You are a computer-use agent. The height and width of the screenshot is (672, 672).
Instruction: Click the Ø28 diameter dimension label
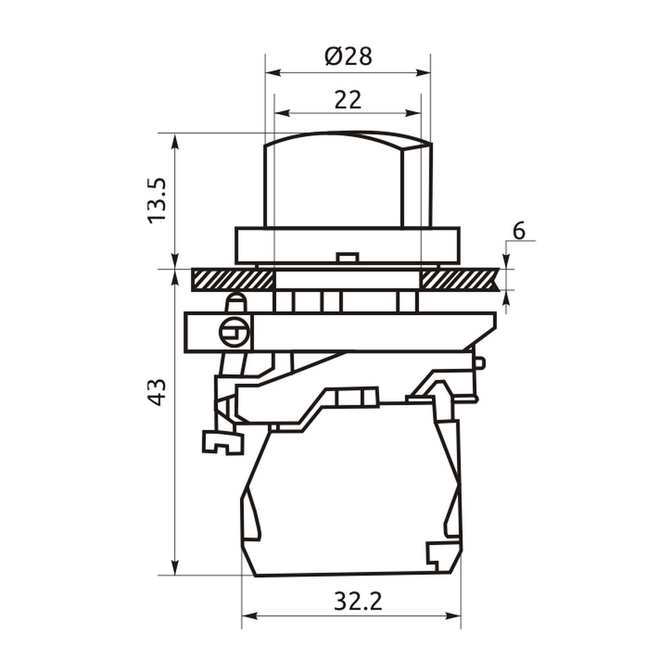[x=348, y=56]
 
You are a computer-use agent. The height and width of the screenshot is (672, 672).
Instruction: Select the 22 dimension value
[x=348, y=99]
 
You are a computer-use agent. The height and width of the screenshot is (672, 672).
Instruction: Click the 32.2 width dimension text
[x=358, y=601]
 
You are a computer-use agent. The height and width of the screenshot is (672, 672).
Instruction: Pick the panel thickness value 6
[x=519, y=231]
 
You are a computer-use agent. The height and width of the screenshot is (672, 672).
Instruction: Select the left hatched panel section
[x=233, y=279]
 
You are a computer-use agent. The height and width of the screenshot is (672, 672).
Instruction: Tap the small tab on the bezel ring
[x=347, y=257]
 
